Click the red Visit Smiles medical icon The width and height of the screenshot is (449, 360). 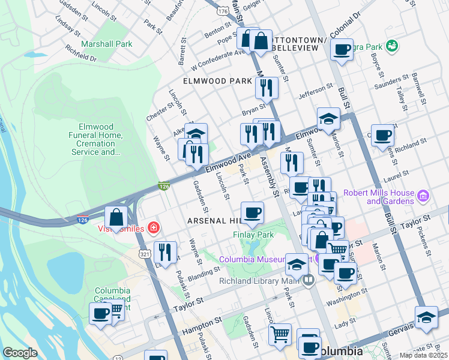pos(154,228)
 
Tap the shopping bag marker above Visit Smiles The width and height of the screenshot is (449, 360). pos(116,217)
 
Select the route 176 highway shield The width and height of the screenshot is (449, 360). pos(223,11)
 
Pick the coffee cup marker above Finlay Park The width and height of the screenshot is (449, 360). pos(252,212)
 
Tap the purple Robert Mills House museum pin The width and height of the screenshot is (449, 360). pos(422,196)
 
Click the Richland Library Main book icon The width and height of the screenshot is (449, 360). pos(308,280)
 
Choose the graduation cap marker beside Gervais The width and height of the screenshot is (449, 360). pos(426,318)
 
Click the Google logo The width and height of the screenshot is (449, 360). pos(20,353)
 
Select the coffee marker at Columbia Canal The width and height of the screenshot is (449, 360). pos(100,314)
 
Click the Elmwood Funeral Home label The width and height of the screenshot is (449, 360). pos(100,139)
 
